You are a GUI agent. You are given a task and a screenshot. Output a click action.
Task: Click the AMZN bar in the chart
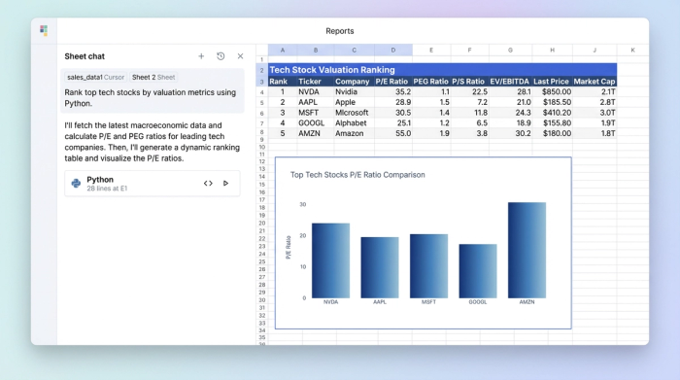[x=527, y=250]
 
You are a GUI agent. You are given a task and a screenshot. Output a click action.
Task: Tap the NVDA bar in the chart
[x=330, y=260]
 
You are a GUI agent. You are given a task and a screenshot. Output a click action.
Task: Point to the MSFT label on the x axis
[x=428, y=302]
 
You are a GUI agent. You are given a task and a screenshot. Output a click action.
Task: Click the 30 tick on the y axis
[x=302, y=204]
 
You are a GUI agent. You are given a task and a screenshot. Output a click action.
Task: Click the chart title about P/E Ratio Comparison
[x=357, y=175]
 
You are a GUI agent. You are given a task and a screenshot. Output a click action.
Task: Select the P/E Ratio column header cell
[x=392, y=82]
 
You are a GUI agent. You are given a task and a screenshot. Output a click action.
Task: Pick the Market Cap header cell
[x=595, y=82]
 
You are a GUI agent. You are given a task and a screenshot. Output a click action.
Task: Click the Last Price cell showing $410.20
[x=552, y=112]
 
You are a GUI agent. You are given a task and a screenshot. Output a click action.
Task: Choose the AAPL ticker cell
[x=310, y=101]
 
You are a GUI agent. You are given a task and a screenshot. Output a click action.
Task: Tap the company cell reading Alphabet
[x=352, y=122]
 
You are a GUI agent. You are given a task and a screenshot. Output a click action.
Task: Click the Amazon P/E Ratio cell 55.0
[x=392, y=133]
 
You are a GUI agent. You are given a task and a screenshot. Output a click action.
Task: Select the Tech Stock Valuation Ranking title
[x=332, y=70]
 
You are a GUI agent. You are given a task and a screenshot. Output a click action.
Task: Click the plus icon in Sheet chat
[x=201, y=56]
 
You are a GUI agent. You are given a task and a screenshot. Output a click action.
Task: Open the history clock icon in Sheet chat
[x=221, y=56]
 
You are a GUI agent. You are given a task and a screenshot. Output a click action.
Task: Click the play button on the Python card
[x=226, y=183]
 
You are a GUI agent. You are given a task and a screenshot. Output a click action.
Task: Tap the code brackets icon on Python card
[x=208, y=183]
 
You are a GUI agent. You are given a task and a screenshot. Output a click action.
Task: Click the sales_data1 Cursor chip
[x=95, y=77]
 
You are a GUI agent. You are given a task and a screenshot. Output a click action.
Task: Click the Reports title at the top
[x=340, y=31]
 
